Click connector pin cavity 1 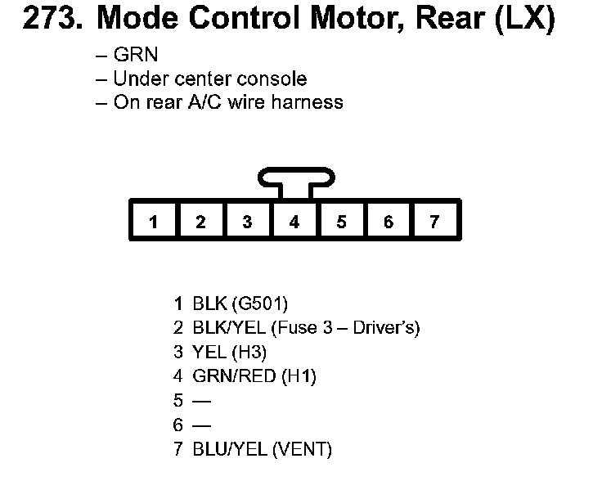click(153, 222)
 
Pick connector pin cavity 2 click(200, 222)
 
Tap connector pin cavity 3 click(247, 222)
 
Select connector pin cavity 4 click(294, 222)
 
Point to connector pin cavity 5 click(341, 222)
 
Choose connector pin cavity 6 click(389, 222)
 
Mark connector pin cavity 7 click(435, 222)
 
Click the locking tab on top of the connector click(294, 178)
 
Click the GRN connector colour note click(135, 56)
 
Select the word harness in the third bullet click(308, 102)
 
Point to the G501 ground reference click(259, 304)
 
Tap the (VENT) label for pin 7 click(303, 449)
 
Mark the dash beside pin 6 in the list click(200, 425)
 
